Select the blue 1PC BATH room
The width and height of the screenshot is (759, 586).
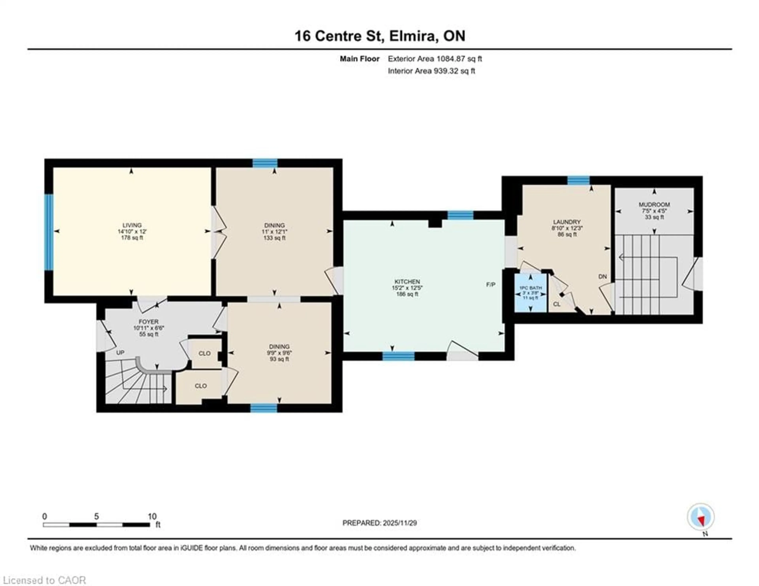530,293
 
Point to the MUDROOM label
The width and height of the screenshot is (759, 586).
654,205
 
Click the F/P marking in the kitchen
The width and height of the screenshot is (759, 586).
490,285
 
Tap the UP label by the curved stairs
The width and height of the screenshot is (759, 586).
120,353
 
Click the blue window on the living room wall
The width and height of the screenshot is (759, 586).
49,232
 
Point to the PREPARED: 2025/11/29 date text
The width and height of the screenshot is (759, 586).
379,523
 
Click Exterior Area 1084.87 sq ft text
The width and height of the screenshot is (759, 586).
435,59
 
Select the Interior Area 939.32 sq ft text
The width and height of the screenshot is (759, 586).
431,71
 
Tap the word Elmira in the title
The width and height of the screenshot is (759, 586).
412,36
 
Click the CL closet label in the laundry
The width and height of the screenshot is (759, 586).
557,304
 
